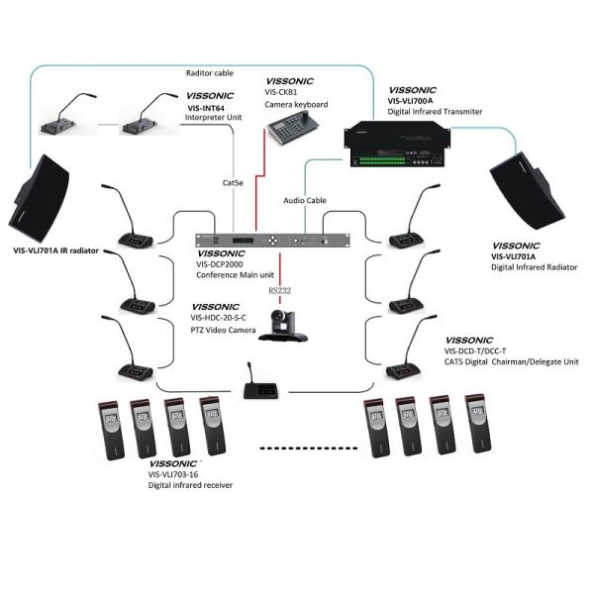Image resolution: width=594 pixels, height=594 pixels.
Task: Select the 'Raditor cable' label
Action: click(x=211, y=72)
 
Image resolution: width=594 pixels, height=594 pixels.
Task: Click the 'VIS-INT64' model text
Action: click(x=206, y=108)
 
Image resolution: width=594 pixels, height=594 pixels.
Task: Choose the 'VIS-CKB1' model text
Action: click(x=283, y=92)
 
